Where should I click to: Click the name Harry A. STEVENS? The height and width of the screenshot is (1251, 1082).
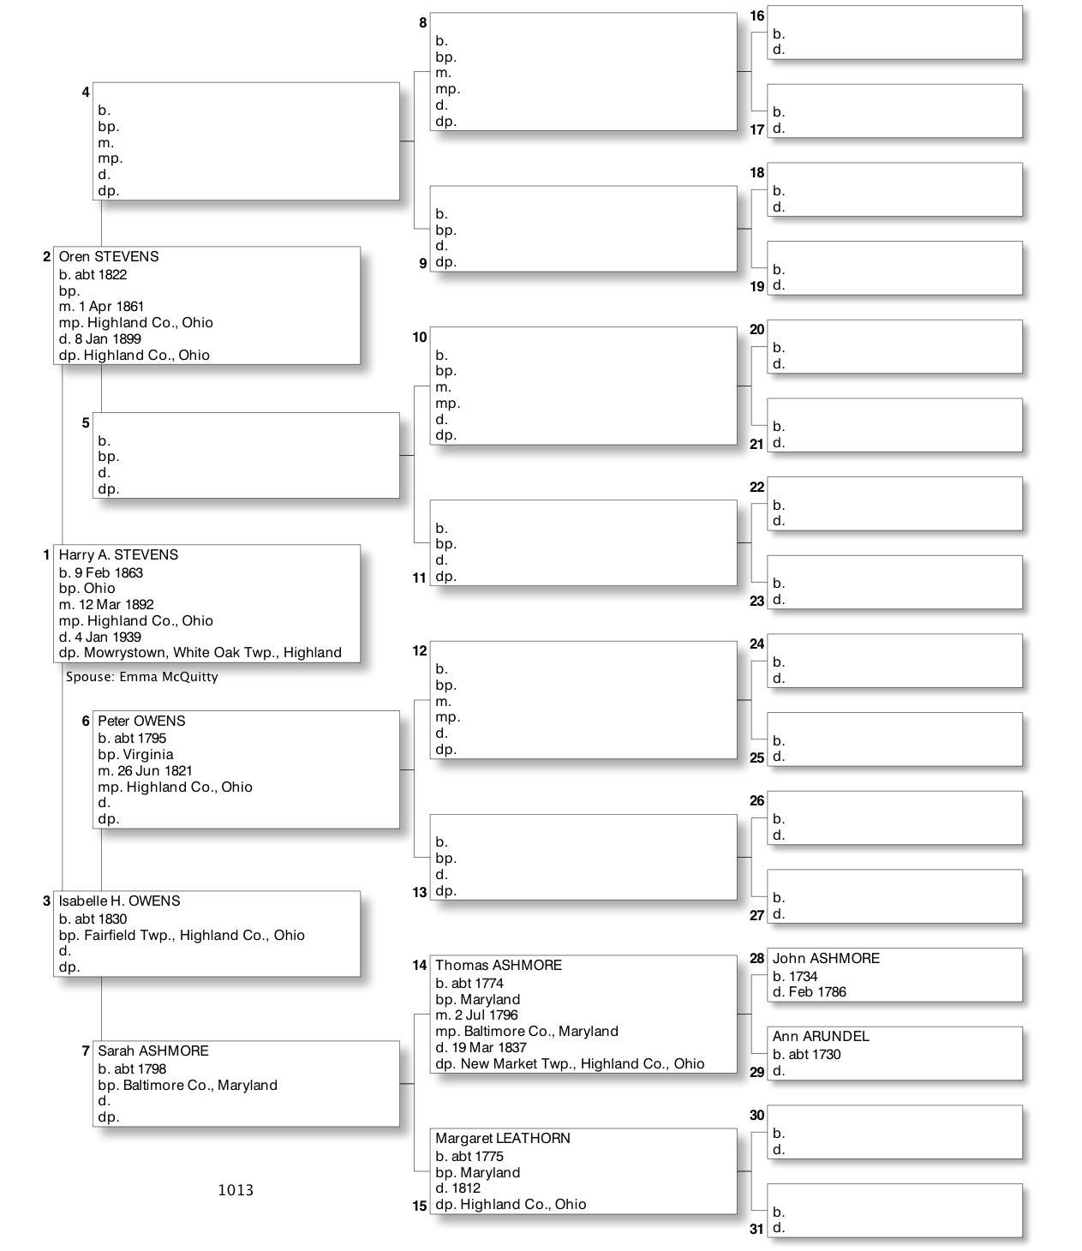point(118,555)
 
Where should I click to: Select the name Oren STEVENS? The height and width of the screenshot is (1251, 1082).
point(108,257)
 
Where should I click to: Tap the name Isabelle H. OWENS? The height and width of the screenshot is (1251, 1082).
point(119,901)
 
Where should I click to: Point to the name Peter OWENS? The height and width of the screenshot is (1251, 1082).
point(141,721)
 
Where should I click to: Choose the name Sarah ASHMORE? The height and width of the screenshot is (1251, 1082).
point(152,1051)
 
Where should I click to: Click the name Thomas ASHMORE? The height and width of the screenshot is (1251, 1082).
point(499,966)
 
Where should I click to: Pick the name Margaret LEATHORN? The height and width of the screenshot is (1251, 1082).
point(503,1139)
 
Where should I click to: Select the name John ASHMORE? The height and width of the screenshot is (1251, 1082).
point(826,959)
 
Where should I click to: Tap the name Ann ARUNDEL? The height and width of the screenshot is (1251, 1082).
point(821,1037)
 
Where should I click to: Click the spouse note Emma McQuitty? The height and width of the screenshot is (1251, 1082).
point(142,677)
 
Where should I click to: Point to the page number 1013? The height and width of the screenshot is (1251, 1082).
point(236,1190)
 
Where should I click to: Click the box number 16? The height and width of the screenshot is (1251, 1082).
point(756,16)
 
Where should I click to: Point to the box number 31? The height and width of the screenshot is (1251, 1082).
point(756,1229)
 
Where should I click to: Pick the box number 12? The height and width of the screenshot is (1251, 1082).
point(419,651)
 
